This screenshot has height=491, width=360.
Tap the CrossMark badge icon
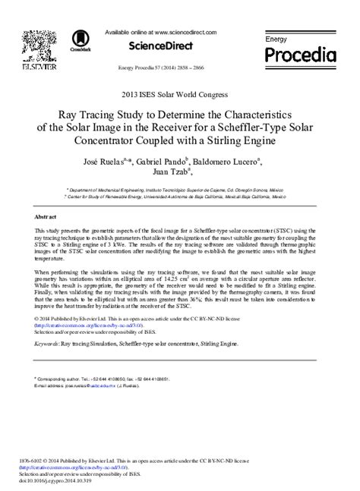(78, 41)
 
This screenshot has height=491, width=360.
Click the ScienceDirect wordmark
(159, 46)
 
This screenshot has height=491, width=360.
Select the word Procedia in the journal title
(300, 55)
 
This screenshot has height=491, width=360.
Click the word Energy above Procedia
(276, 37)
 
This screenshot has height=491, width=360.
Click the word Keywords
(49, 344)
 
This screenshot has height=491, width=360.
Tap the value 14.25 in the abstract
(206, 278)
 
